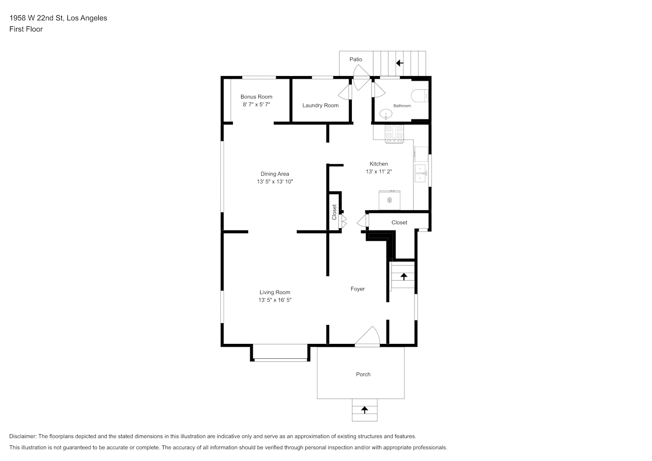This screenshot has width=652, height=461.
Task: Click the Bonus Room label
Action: point(256,97)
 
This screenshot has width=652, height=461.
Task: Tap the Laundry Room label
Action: point(320,106)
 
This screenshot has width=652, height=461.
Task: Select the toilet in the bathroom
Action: point(420,96)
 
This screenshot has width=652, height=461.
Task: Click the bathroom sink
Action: point(385,114)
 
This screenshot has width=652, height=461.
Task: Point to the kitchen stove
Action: point(394,134)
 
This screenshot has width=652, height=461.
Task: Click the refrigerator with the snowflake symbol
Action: point(389,200)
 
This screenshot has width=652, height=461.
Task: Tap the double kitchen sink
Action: point(421,173)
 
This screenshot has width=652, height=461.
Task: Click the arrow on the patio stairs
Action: point(400,63)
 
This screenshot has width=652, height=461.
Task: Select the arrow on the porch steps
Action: point(364,410)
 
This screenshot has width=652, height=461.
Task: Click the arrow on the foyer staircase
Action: point(403,277)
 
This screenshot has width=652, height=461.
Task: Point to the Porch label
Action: point(363,374)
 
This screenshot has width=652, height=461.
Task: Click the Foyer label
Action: point(357,289)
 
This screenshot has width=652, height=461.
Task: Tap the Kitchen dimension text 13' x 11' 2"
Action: point(379,171)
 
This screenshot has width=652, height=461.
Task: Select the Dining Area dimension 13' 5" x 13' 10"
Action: point(275,182)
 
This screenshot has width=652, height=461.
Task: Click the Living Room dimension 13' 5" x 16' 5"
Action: point(275,300)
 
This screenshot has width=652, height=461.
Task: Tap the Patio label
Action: point(356,59)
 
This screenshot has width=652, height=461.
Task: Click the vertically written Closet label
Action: point(334,212)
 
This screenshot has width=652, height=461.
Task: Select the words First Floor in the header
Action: point(26,29)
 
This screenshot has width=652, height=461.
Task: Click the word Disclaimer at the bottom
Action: point(23,436)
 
